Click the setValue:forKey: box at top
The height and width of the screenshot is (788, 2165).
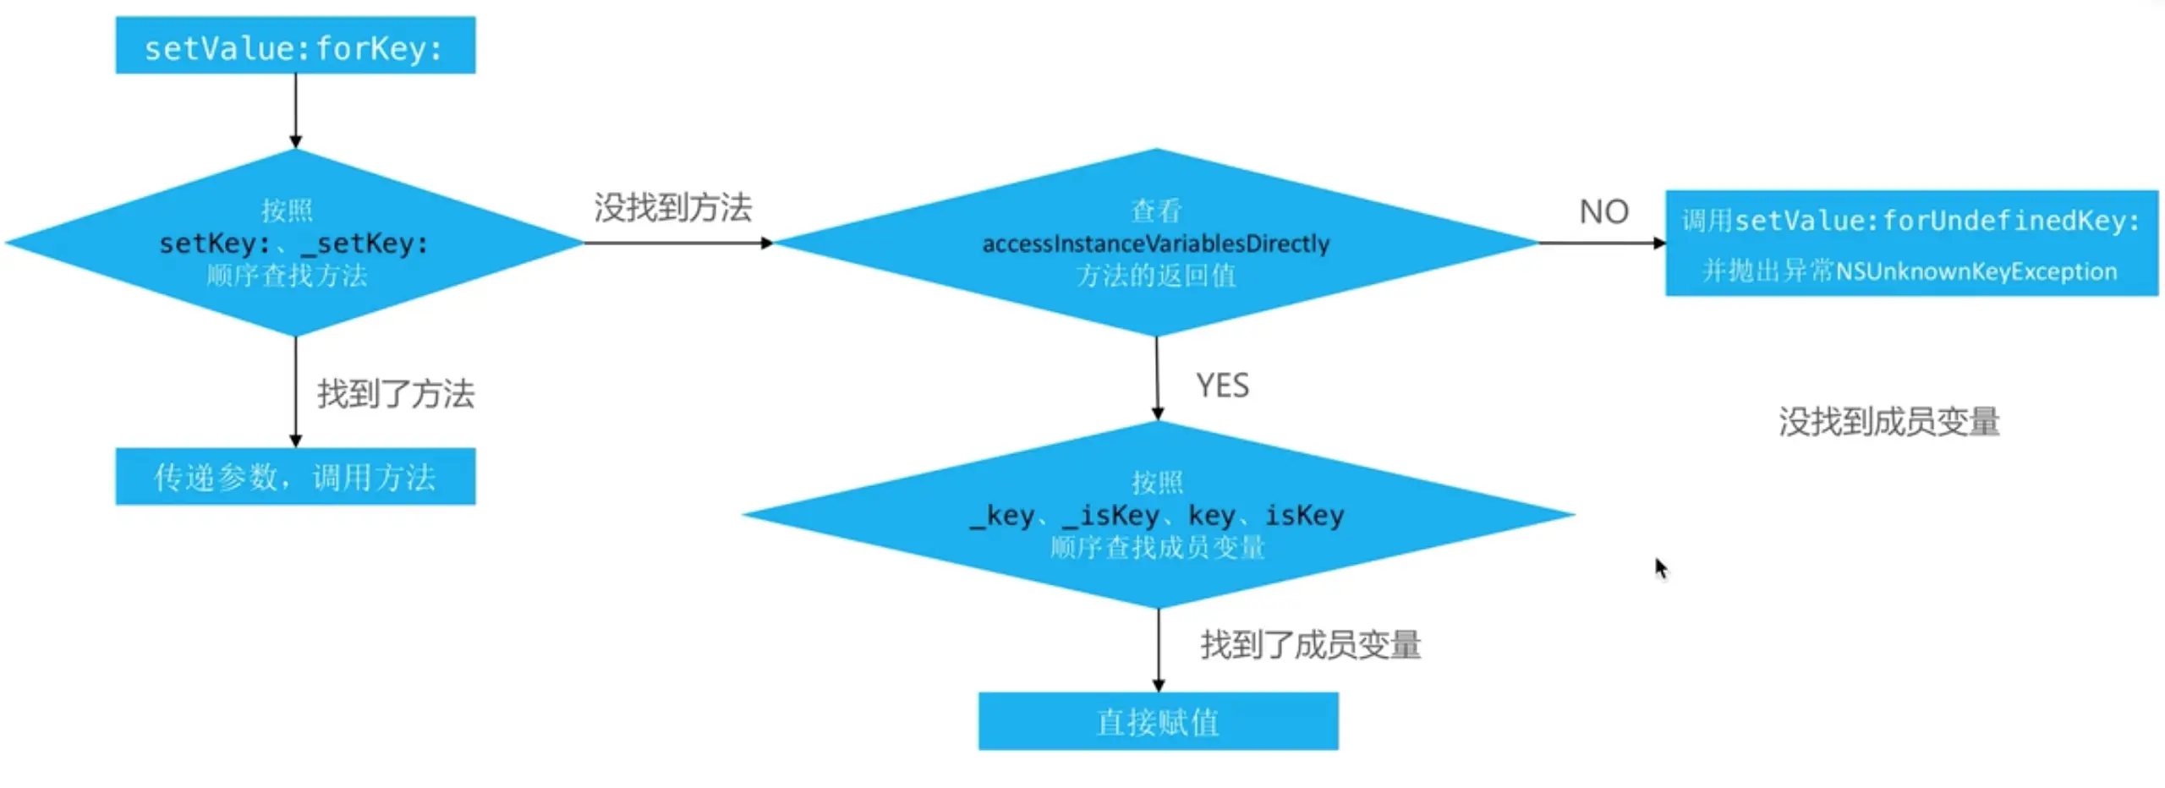[x=295, y=46]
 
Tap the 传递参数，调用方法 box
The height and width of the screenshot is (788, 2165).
[x=295, y=477]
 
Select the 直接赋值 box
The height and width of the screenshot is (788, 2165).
[x=1158, y=721]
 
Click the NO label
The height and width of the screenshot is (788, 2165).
[x=1603, y=211]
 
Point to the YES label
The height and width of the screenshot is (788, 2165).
[x=1222, y=386]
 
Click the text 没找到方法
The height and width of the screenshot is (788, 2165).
[x=672, y=208]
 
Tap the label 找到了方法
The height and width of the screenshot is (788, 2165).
[x=396, y=394]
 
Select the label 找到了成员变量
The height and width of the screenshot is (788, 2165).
[x=1310, y=645]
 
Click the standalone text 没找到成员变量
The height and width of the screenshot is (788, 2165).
[x=1888, y=422]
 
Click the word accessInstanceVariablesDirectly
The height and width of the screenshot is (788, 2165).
[x=1155, y=244]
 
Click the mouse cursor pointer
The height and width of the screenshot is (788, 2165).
[x=1660, y=566]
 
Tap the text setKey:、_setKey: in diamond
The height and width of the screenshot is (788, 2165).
[x=293, y=244]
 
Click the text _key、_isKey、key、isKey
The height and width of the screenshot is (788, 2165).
[x=1156, y=515]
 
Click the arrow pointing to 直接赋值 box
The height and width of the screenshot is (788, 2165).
[x=1158, y=651]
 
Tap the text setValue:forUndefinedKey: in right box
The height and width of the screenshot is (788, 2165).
[x=1937, y=222]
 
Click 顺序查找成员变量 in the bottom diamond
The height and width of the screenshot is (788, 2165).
[x=1157, y=548]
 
